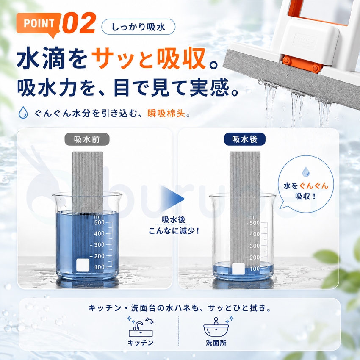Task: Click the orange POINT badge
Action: [x=39, y=24]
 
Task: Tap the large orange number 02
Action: [x=79, y=23]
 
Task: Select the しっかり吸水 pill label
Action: [x=138, y=27]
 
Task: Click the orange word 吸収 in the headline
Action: [x=181, y=58]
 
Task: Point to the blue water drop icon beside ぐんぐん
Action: [x=23, y=112]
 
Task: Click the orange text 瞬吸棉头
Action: [x=166, y=113]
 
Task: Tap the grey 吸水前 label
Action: [x=87, y=139]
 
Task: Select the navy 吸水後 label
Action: [x=244, y=139]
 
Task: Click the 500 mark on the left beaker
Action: [x=99, y=222]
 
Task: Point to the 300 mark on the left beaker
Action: [x=99, y=245]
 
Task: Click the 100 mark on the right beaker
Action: [x=255, y=269]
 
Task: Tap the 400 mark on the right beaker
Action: [x=255, y=234]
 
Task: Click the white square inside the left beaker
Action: [x=83, y=265]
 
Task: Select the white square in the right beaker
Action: [x=238, y=269]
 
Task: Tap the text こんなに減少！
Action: [x=174, y=230]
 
